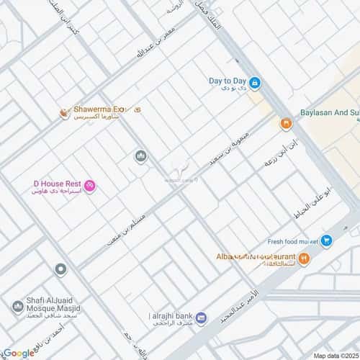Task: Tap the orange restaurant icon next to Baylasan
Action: coord(286,124)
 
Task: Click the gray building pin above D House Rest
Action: coord(140,156)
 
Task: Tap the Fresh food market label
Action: coord(292,241)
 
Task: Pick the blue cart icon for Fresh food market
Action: coord(326,242)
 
